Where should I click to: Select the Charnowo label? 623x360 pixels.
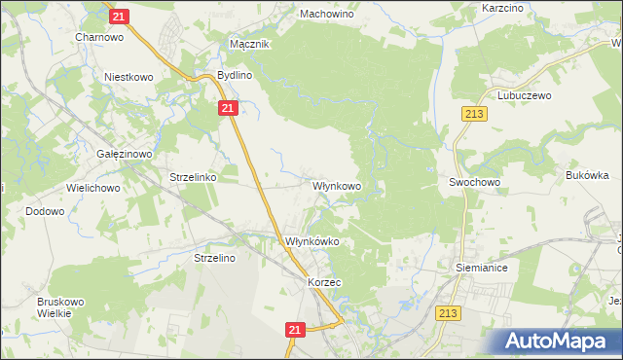(x=98, y=38)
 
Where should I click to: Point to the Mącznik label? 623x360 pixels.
(x=249, y=44)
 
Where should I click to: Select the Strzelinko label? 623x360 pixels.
(x=193, y=178)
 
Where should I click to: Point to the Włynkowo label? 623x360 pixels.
(x=337, y=184)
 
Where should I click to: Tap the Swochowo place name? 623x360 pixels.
(x=474, y=182)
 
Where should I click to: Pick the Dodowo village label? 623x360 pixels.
(x=45, y=211)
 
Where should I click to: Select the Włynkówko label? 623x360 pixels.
(x=311, y=241)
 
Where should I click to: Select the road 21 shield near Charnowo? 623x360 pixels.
(x=119, y=17)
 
